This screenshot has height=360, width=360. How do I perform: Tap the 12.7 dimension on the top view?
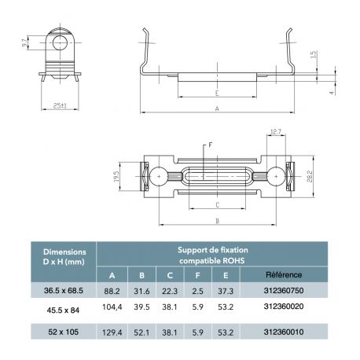(x=275, y=133)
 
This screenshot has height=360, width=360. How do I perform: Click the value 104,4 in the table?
(x=112, y=311)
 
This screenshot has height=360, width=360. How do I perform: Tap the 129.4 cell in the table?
(x=112, y=333)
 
